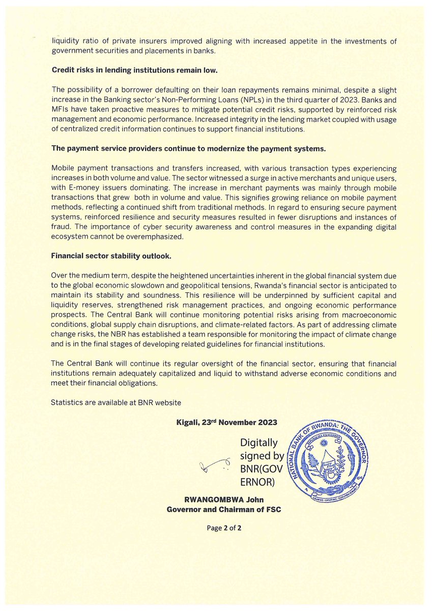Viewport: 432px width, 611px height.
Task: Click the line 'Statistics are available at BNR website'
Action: click(116, 402)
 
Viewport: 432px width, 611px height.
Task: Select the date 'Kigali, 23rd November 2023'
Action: click(225, 422)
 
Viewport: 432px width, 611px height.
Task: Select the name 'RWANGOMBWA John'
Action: click(224, 500)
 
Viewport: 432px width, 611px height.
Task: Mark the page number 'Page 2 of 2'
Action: click(224, 528)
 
